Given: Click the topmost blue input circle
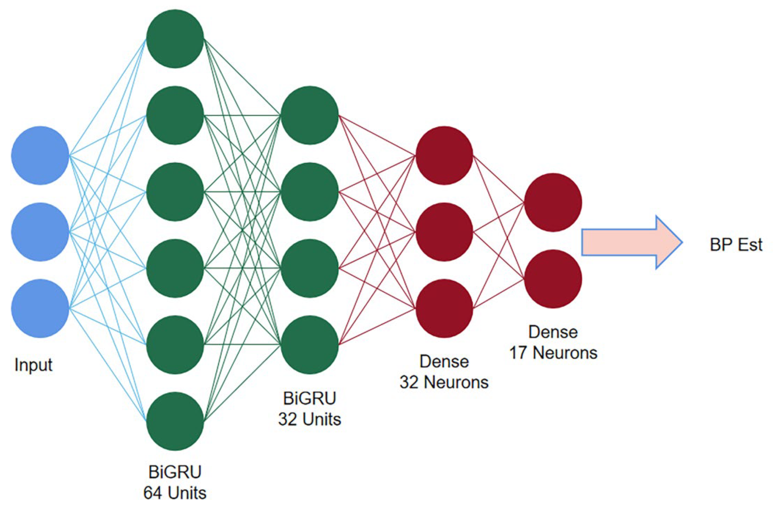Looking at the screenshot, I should pyautogui.click(x=40, y=156).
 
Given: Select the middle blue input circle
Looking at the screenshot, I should pyautogui.click(x=40, y=232).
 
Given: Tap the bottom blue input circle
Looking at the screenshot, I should pyautogui.click(x=40, y=308).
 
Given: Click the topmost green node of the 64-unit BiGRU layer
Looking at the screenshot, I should pyautogui.click(x=175, y=39).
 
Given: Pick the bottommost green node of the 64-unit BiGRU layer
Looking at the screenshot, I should pyautogui.click(x=175, y=421).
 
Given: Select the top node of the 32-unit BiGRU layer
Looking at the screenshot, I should pyautogui.click(x=309, y=115).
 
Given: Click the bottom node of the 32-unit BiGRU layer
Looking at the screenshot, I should pyautogui.click(x=309, y=345).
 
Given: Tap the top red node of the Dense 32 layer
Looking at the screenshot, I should pyautogui.click(x=444, y=156).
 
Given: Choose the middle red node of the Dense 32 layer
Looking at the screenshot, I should pyautogui.click(x=444, y=232).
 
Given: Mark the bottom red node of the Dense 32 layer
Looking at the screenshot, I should pyautogui.click(x=444, y=308).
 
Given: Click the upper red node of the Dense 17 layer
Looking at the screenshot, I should pyautogui.click(x=553, y=202).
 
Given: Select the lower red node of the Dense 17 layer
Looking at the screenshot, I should pyautogui.click(x=553, y=279).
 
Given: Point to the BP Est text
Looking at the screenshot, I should pyautogui.click(x=735, y=245).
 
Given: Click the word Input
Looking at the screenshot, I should pyautogui.click(x=33, y=365).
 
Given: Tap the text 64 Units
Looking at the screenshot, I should pyautogui.click(x=175, y=493).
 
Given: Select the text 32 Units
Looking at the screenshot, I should pyautogui.click(x=309, y=419).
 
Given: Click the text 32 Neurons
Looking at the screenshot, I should pyautogui.click(x=444, y=382).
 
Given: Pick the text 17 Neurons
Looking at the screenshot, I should pyautogui.click(x=553, y=353).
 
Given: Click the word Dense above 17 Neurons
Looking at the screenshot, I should pyautogui.click(x=553, y=332).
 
